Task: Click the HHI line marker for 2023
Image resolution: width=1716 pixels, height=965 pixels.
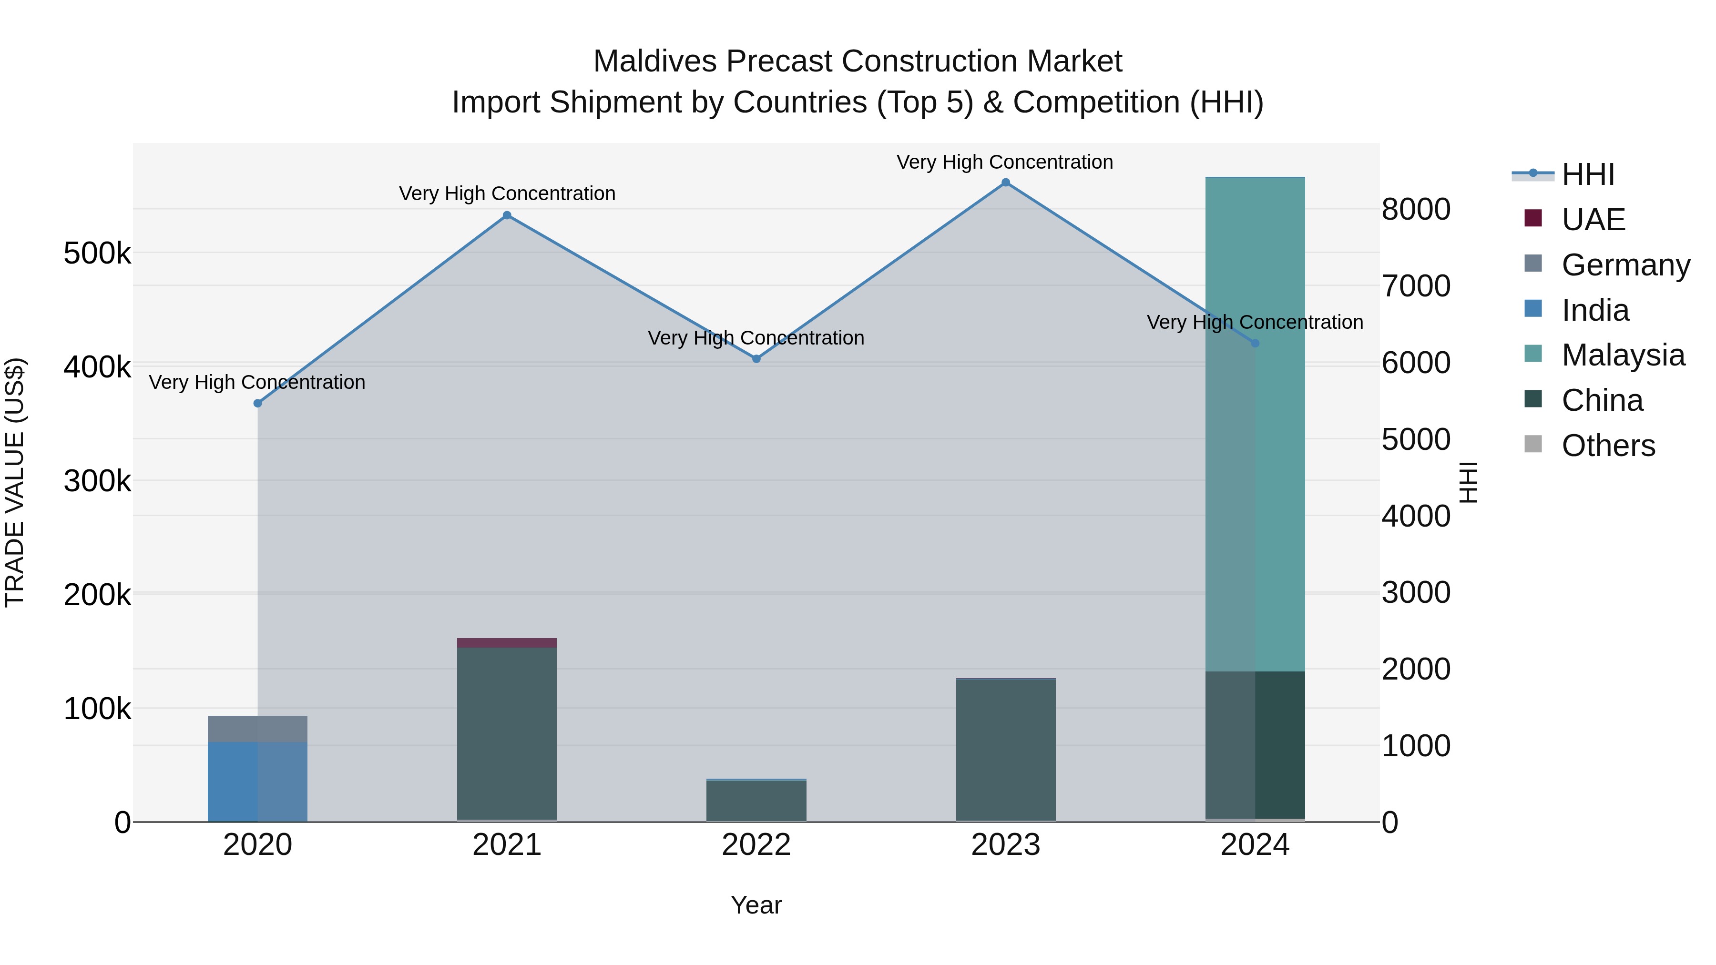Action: (1005, 183)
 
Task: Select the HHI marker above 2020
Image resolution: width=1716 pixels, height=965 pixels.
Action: (258, 403)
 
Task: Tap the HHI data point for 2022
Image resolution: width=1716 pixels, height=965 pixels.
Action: (756, 358)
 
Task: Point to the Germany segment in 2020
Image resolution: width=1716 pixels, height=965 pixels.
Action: (257, 729)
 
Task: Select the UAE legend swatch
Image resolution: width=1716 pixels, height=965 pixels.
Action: (1533, 218)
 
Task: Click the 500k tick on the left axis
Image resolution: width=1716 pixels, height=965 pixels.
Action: (97, 254)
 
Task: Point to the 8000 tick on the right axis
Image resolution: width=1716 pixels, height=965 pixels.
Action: (1416, 209)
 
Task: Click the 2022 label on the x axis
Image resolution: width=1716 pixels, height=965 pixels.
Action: (756, 845)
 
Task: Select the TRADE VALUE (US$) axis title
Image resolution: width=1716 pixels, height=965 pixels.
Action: (15, 482)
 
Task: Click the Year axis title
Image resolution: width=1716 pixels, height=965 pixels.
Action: (756, 905)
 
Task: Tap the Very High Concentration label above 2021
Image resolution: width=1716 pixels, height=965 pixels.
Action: (507, 194)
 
